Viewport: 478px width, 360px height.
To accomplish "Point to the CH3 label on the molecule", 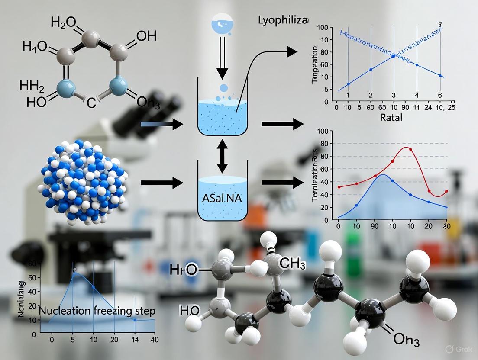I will tap(293, 262).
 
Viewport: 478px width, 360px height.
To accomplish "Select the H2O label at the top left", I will tap(65, 23).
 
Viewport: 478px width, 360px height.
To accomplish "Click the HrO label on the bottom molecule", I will tap(184, 270).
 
